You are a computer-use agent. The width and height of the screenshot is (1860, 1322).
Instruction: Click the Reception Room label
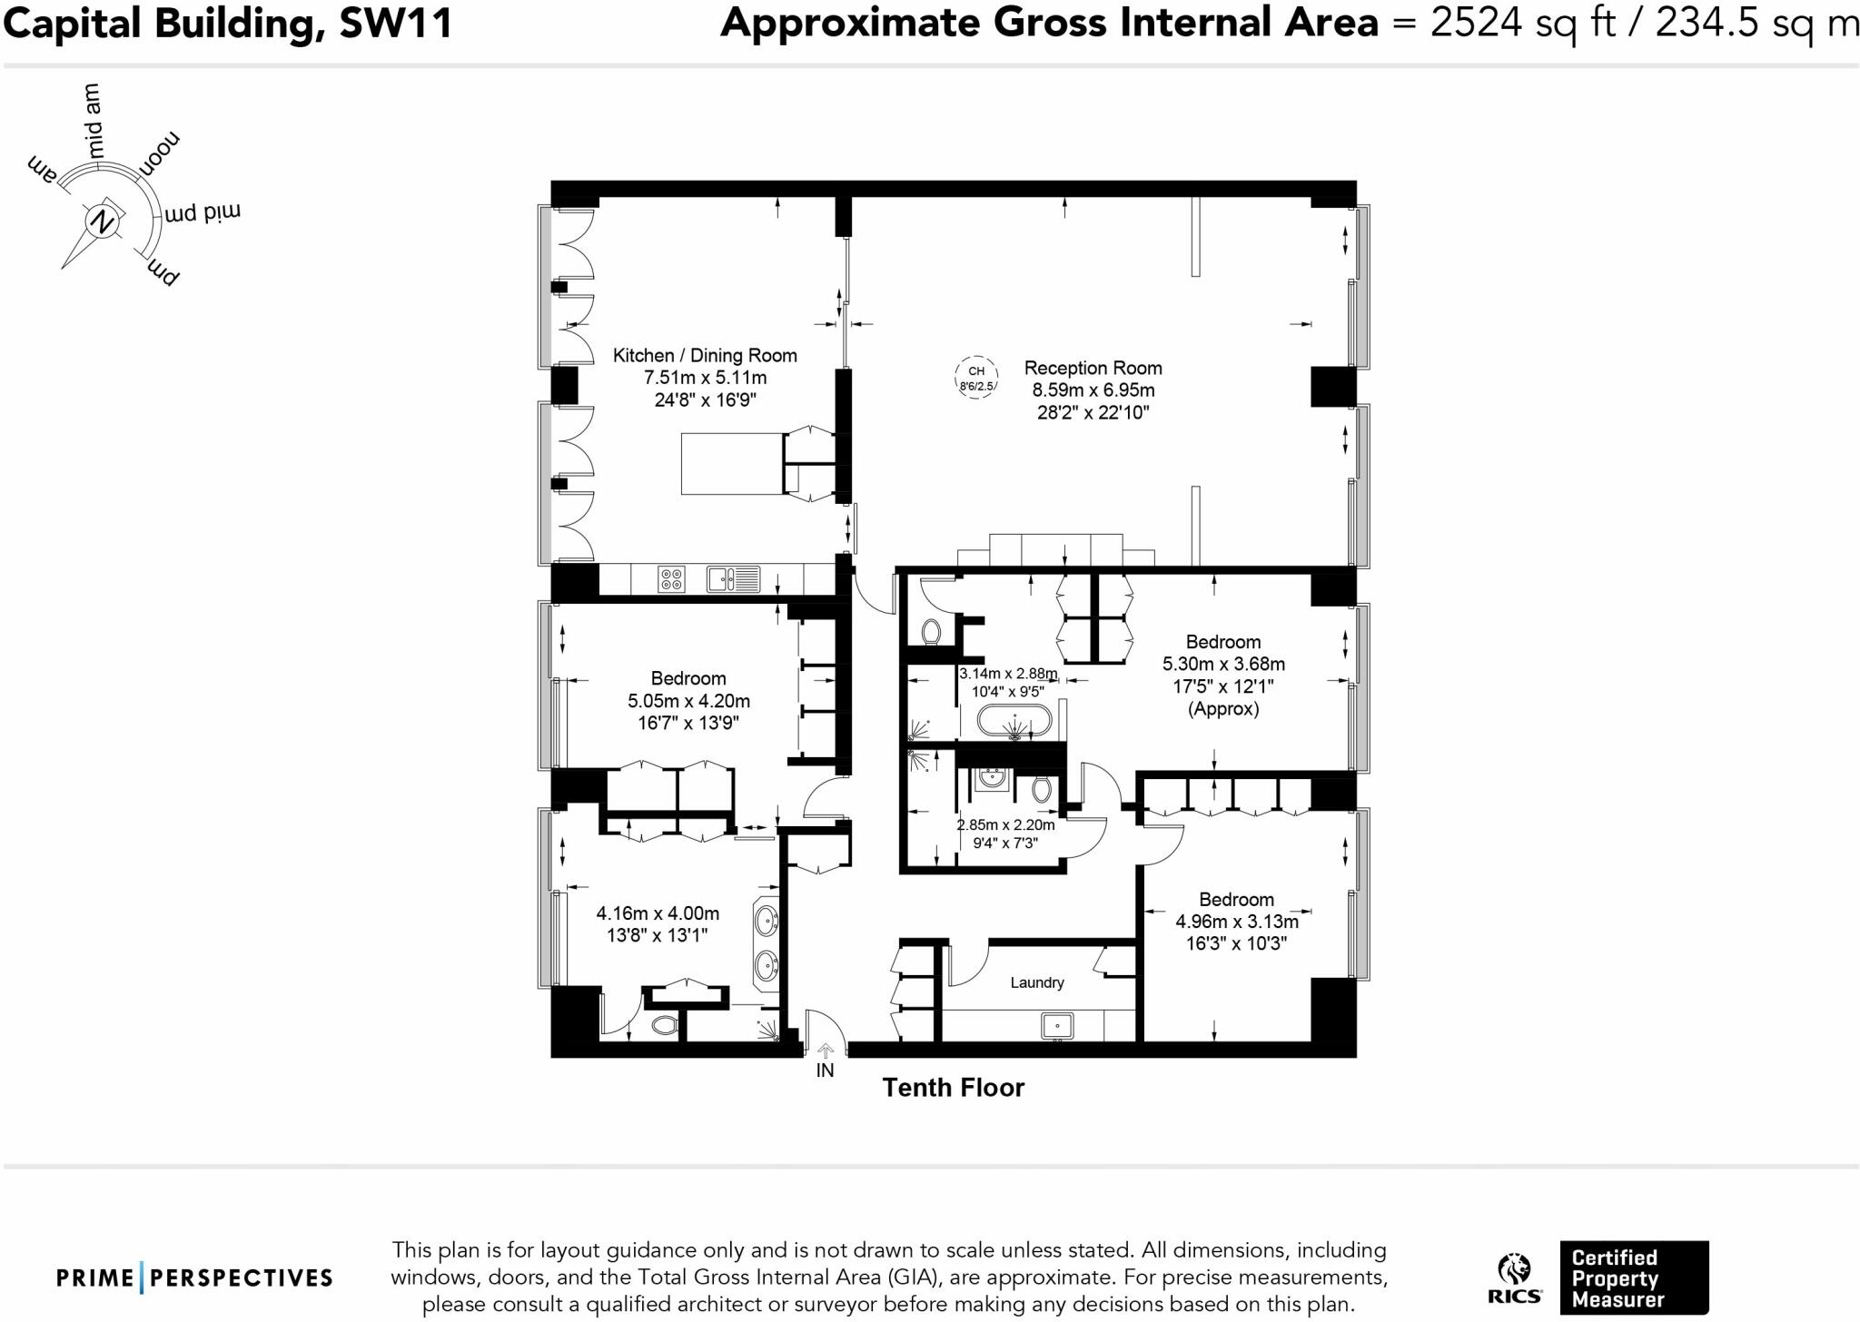(1093, 368)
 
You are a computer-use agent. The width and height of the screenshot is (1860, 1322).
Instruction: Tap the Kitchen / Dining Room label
(704, 355)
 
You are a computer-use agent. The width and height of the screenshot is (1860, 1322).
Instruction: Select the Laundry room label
(1036, 982)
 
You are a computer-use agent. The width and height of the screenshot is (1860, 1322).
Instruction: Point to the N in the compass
(104, 222)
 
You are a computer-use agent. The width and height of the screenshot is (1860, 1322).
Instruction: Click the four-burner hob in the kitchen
(672, 579)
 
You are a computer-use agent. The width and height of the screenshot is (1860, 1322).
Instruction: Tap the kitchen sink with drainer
(734, 578)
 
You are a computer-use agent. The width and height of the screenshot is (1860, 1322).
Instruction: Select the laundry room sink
(1057, 1026)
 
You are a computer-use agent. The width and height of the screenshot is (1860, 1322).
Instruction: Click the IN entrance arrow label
(825, 1070)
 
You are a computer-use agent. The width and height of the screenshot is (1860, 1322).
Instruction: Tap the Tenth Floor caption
(953, 1088)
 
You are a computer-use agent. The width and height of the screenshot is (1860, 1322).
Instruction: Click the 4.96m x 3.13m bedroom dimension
(1236, 922)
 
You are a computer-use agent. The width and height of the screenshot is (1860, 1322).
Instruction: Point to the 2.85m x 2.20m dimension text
(1005, 825)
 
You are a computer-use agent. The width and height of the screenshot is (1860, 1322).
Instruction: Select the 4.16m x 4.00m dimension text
(658, 913)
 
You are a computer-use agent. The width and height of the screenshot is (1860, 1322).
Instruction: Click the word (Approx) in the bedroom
(1223, 709)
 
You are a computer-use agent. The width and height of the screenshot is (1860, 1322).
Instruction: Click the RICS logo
(1514, 1278)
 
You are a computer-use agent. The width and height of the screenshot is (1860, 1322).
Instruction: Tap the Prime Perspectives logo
(194, 1278)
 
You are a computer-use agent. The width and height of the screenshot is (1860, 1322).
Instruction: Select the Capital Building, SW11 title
(227, 24)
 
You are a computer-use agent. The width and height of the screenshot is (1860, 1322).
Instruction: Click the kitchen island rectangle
(732, 464)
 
